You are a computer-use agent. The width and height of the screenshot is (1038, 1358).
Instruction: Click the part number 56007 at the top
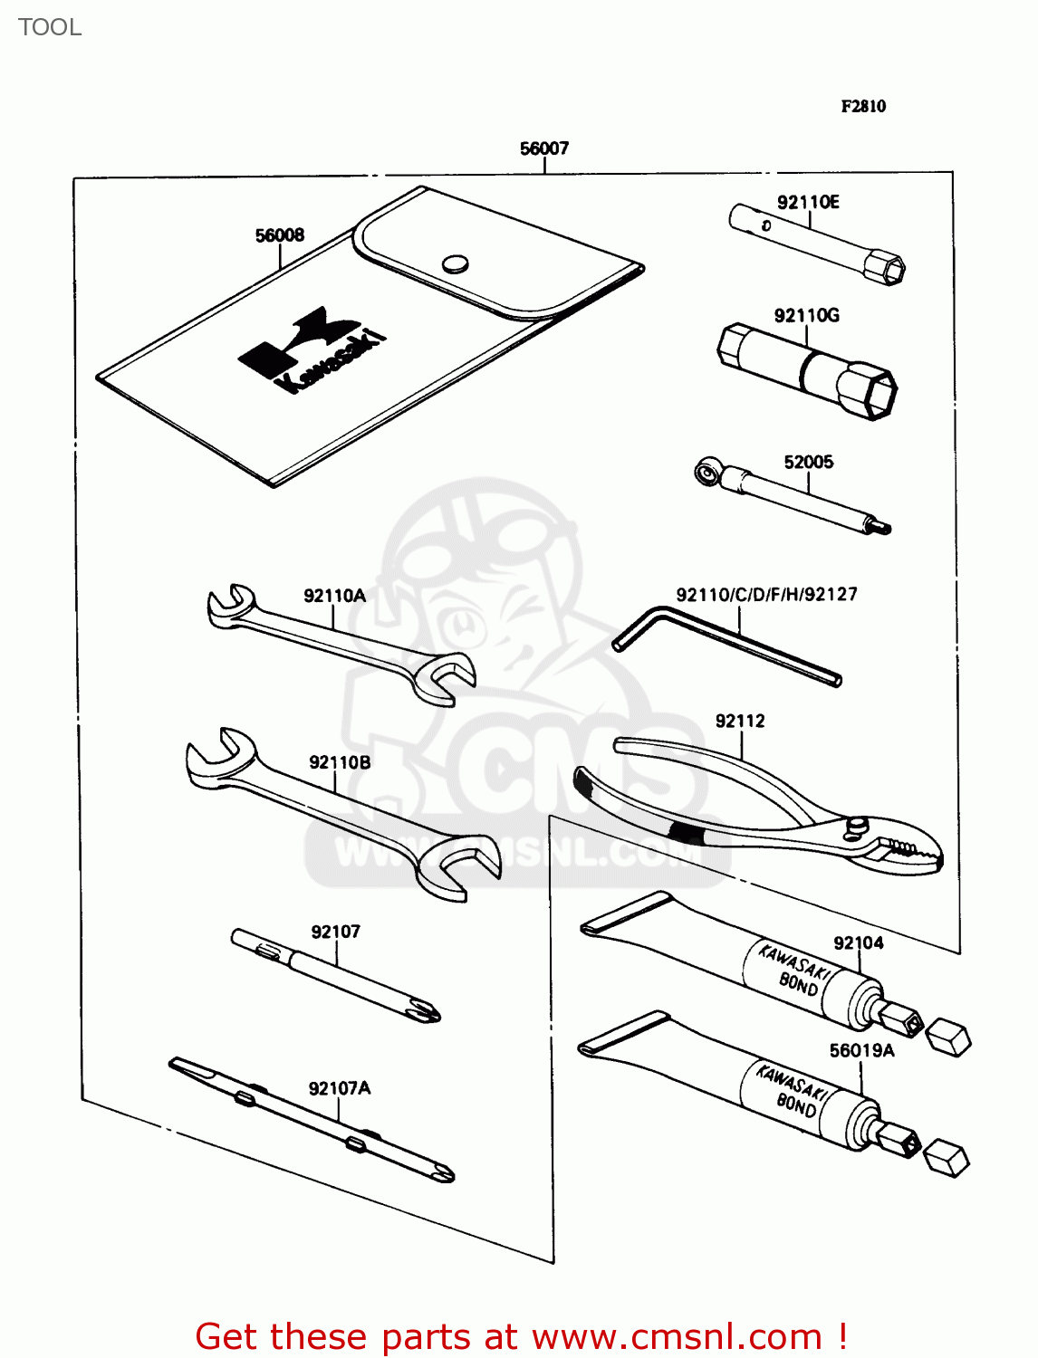coord(543,148)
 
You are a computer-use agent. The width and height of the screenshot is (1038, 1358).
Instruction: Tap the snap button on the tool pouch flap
coord(455,263)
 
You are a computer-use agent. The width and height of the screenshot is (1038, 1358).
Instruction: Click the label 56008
coord(280,235)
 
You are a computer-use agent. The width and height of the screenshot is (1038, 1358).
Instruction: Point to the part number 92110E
coord(808,202)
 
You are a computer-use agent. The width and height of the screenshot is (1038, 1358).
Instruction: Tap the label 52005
coord(808,463)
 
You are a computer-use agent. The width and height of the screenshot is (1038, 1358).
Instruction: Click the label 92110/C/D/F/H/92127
coord(766,595)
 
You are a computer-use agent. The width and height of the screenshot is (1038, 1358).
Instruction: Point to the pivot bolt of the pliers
coord(856,825)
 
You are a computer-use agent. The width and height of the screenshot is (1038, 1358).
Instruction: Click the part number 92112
coord(740,722)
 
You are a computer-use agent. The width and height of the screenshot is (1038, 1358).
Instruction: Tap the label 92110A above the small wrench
coord(334,596)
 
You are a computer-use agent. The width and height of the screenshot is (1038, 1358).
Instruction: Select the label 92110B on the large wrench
coord(340,762)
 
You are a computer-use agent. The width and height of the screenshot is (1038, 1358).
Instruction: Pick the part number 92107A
coord(340,1088)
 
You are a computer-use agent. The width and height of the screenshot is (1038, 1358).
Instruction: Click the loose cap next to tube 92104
coord(948,1036)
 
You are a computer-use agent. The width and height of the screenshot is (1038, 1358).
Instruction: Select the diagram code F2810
coord(863,107)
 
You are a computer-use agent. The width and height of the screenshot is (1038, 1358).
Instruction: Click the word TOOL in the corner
coord(50,27)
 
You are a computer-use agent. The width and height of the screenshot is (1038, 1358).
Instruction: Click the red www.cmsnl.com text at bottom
coord(676,1336)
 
